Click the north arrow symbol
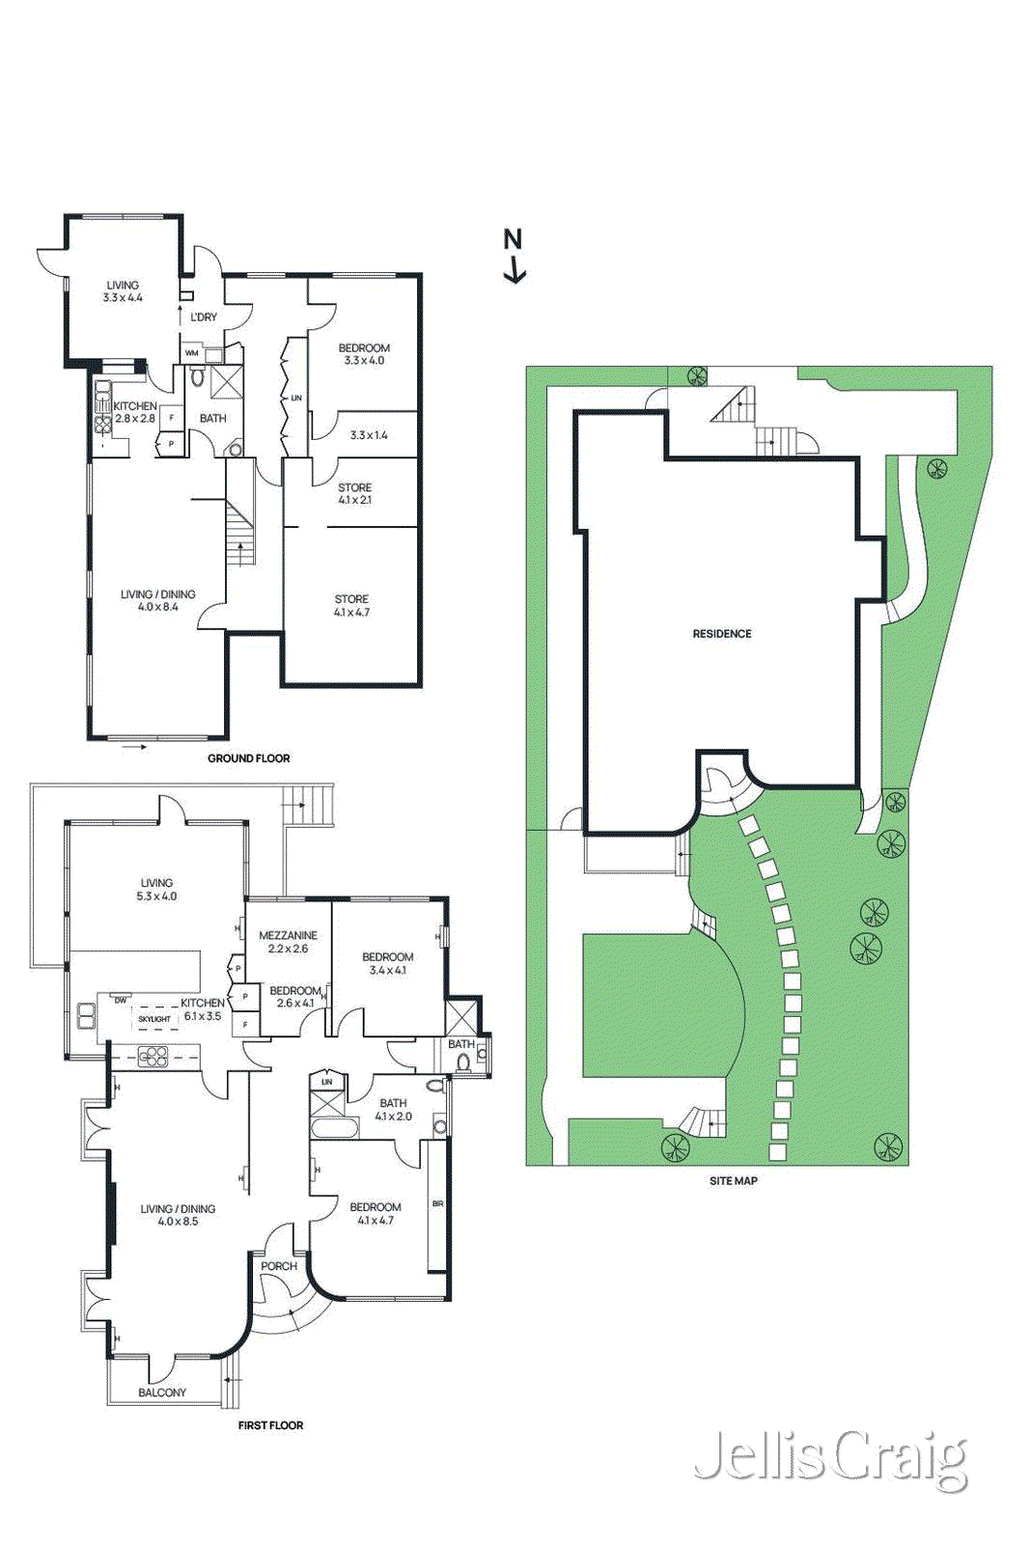tap(515, 257)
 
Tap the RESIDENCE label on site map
tap(721, 634)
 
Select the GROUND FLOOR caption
tap(248, 758)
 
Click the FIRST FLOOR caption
tap(270, 1425)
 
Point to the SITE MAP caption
tap(733, 1180)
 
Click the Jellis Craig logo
tap(829, 1458)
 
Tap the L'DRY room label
tap(204, 317)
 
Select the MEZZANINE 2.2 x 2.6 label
tap(288, 942)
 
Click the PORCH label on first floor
tap(279, 1266)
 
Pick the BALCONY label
tap(162, 1392)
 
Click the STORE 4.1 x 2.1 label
tap(354, 494)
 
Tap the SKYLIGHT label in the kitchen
tap(154, 1019)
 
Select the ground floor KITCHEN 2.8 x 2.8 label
tap(135, 412)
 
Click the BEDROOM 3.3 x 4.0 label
tap(364, 354)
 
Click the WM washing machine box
tap(192, 353)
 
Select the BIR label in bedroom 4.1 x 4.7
tap(437, 1203)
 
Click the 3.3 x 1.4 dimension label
tap(368, 435)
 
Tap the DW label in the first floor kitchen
tap(120, 1001)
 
